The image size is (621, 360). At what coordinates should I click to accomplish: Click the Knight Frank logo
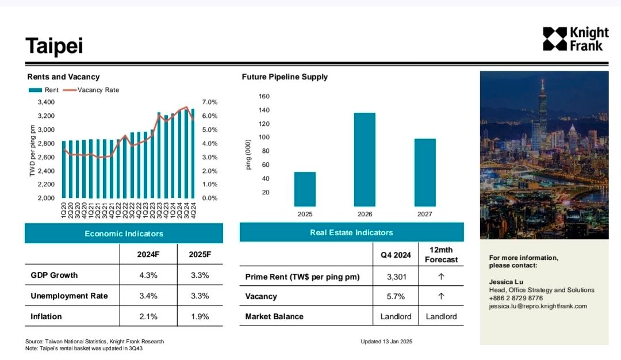click(x=575, y=39)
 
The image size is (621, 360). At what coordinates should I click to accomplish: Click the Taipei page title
click(x=55, y=45)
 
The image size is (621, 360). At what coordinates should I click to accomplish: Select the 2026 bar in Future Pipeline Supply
click(x=365, y=159)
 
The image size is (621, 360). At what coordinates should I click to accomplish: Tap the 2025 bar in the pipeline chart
click(x=305, y=189)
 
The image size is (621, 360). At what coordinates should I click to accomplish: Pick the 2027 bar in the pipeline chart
click(x=425, y=173)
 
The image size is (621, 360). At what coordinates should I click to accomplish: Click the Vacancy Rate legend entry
click(x=92, y=90)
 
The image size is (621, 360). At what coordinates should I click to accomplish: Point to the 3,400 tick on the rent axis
click(x=46, y=102)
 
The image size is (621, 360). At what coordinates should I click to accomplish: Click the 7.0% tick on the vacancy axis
click(x=210, y=102)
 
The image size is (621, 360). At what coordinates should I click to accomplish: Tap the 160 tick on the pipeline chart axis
click(x=264, y=96)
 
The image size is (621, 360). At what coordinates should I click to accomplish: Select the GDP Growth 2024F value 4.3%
click(x=148, y=275)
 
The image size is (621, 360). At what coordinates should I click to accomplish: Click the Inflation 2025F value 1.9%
click(x=200, y=316)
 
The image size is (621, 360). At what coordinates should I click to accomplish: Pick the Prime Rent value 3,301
click(x=397, y=277)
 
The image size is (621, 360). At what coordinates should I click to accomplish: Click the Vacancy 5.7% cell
click(x=397, y=297)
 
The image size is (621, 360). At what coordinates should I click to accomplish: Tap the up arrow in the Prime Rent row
click(x=441, y=277)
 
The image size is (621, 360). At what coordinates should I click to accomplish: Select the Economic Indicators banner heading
click(x=124, y=233)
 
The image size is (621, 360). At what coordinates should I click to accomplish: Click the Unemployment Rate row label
click(x=69, y=296)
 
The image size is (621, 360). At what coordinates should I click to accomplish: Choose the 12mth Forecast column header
click(x=441, y=255)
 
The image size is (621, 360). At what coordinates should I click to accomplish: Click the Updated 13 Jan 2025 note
click(x=386, y=342)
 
